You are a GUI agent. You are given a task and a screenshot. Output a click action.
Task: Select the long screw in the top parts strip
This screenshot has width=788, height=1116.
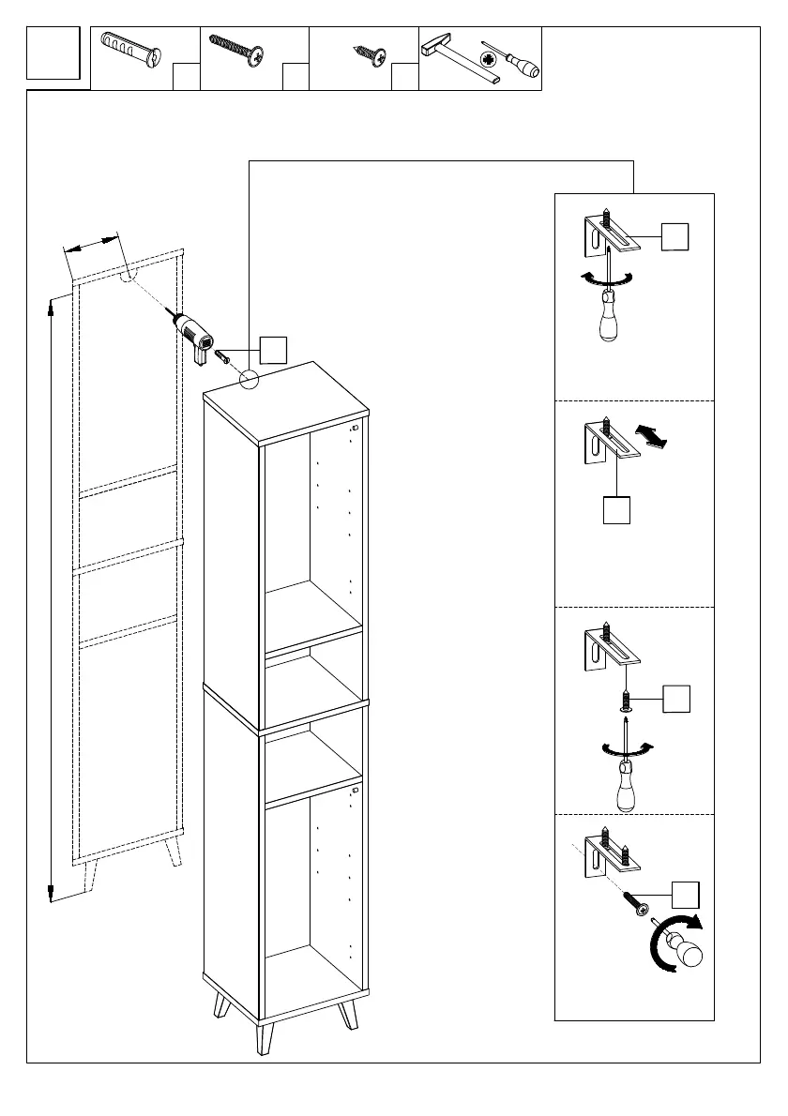(235, 50)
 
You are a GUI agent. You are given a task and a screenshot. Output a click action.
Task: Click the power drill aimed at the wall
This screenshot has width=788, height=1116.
(197, 334)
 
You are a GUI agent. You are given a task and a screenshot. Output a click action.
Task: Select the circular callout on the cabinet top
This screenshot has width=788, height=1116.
(249, 379)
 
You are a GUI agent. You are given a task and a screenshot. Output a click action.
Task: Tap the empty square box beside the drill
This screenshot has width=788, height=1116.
(273, 349)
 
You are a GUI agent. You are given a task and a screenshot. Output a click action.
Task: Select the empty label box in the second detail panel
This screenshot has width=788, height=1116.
(615, 510)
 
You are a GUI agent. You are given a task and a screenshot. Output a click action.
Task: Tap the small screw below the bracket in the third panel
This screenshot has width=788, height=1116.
(624, 699)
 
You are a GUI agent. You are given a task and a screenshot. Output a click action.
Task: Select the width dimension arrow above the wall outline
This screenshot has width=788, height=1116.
(94, 244)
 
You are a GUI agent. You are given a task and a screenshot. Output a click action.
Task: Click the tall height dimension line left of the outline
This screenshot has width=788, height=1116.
(51, 598)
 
